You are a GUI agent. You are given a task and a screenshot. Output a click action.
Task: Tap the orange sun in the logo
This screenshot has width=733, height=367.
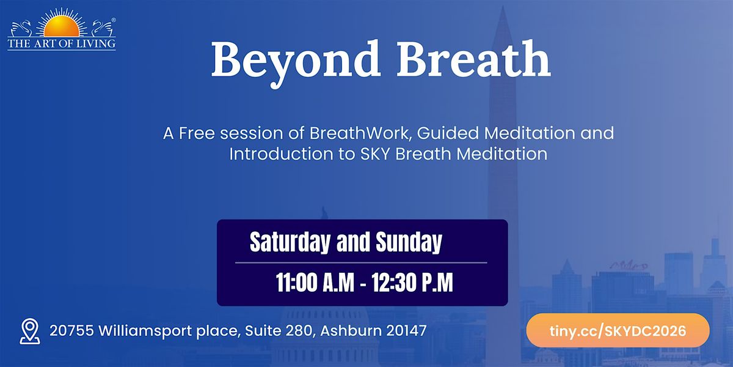[62, 26]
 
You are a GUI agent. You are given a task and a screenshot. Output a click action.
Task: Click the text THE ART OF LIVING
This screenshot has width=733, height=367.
[62, 43]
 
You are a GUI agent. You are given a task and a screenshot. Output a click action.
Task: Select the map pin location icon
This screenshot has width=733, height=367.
[30, 332]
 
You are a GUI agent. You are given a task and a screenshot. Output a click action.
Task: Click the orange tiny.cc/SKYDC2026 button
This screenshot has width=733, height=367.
[618, 330]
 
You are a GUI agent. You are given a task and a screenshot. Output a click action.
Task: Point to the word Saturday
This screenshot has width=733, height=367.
[290, 242]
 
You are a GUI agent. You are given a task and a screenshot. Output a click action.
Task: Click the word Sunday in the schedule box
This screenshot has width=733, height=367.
[409, 242]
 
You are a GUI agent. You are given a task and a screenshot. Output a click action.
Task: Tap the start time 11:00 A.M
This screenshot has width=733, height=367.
[315, 282]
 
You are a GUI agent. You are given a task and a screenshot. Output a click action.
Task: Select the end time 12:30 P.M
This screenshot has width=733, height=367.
[412, 282]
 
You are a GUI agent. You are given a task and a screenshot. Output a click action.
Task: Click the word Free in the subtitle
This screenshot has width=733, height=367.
[197, 133]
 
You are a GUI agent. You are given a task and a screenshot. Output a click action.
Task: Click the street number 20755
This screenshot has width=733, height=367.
[71, 331]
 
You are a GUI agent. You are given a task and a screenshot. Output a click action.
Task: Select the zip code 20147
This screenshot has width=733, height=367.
[406, 331]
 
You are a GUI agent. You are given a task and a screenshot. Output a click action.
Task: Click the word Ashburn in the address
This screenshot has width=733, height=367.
[351, 331]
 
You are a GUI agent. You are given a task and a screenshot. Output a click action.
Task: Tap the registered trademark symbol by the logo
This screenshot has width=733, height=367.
[114, 20]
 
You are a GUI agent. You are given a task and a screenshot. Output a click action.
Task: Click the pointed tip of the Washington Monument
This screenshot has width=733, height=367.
[503, 7]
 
